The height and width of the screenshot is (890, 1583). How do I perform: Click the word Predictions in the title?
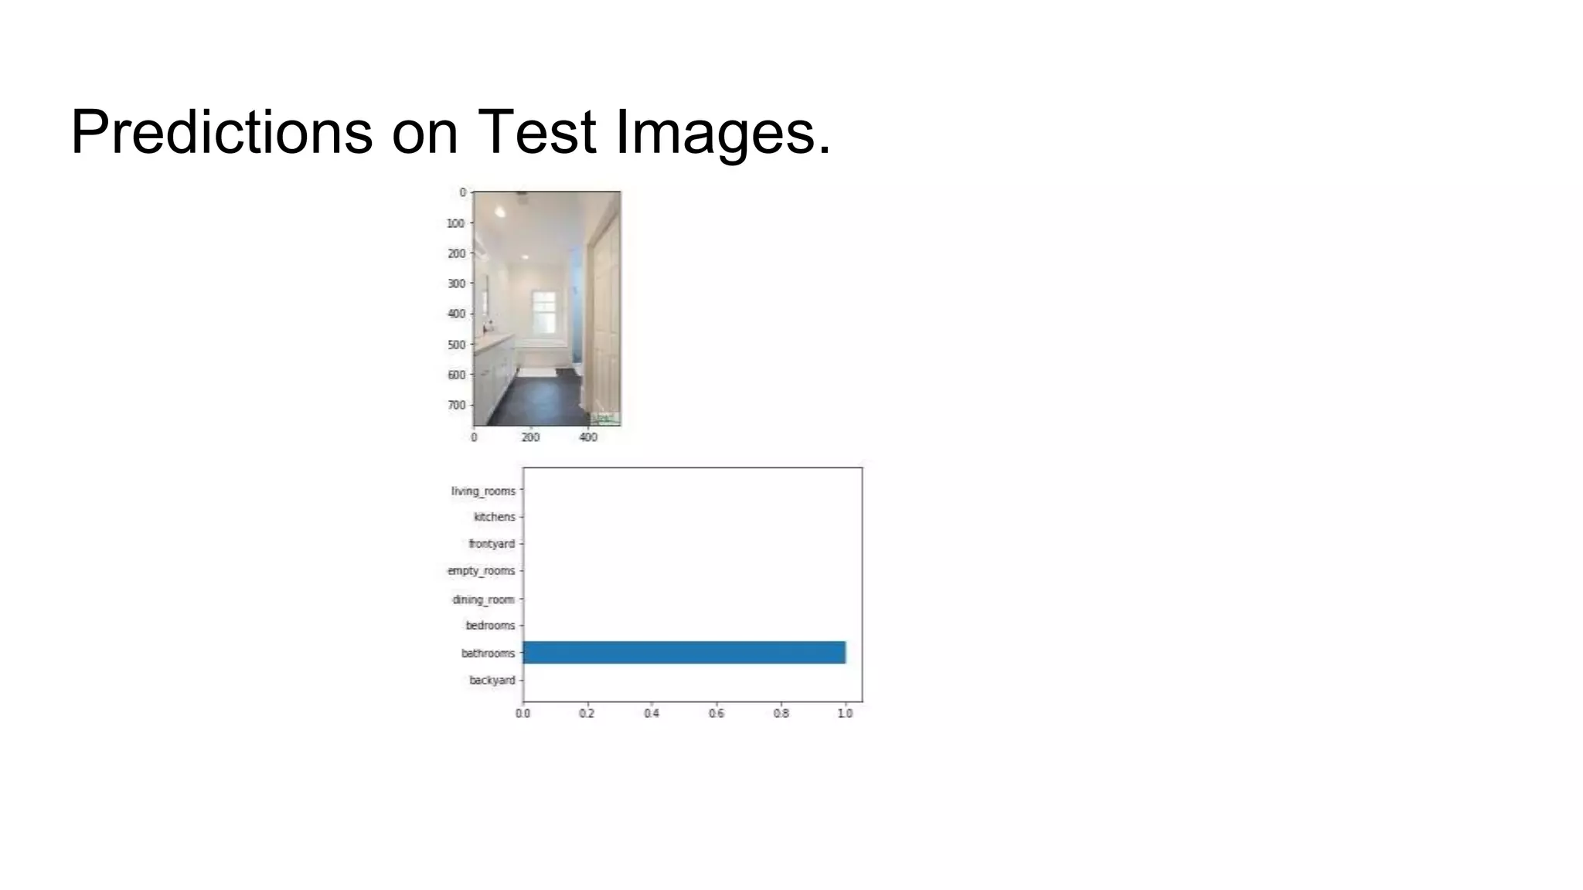[221, 133]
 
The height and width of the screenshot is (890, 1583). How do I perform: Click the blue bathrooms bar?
[684, 652]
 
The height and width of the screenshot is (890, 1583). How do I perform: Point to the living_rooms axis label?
[483, 491]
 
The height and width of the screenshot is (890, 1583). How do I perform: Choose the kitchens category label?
[494, 517]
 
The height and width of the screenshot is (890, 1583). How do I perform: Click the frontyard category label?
[492, 544]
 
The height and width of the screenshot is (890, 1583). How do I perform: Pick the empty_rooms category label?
[481, 571]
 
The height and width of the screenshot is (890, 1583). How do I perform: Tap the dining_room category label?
[483, 600]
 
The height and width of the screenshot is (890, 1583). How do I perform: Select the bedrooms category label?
[490, 625]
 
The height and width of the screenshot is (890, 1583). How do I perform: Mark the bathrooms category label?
[488, 653]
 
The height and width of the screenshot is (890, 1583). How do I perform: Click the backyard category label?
[492, 680]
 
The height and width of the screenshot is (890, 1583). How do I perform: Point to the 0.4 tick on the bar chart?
[652, 713]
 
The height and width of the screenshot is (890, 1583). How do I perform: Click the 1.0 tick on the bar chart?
[845, 713]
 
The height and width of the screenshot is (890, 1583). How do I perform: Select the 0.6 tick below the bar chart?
[717, 713]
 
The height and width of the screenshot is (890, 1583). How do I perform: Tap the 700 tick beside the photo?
[456, 405]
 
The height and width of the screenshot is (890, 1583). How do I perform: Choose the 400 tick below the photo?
[588, 437]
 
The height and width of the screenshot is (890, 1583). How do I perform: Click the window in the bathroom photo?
[545, 311]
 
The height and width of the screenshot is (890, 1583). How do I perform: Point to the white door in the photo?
[604, 317]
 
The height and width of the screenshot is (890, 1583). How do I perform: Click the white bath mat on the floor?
[536, 372]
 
